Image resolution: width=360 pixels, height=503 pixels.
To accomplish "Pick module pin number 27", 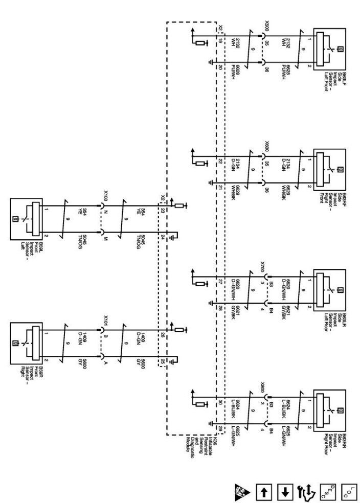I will point(220,281).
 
